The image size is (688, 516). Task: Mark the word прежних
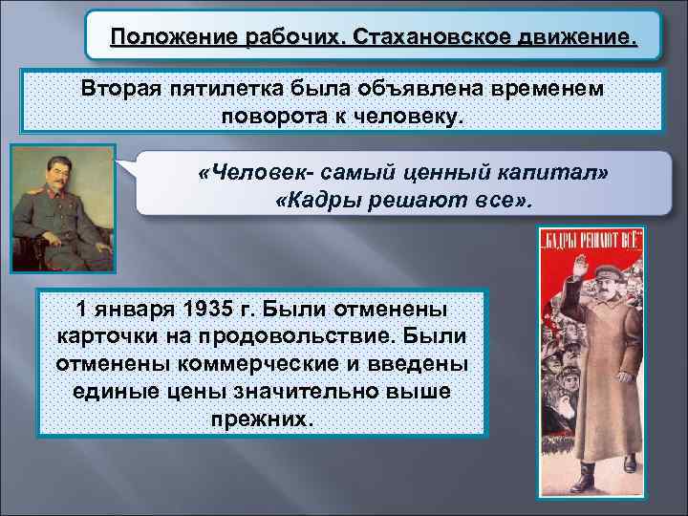(x=261, y=420)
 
